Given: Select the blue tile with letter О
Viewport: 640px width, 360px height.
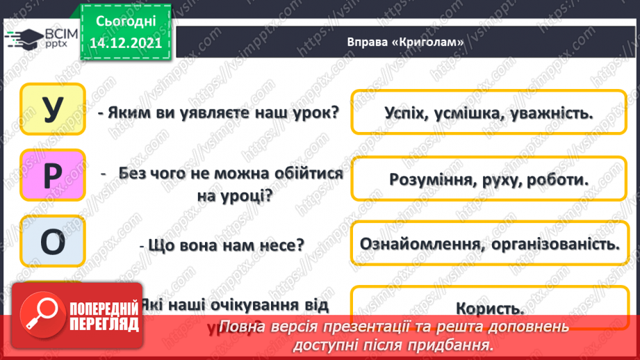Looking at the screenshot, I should point(53,241).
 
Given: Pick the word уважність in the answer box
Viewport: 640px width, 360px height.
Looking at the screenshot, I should point(556,113).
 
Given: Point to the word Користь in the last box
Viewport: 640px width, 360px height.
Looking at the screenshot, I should point(490,308).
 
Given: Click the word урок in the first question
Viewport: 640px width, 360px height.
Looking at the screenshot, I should point(309,113).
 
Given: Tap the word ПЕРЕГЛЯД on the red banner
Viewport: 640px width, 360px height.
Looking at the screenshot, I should point(104,325).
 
